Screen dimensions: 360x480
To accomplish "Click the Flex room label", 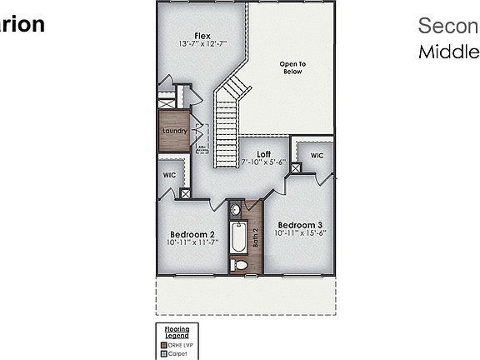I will coord(202,36).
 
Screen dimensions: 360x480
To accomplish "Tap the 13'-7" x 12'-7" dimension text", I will coord(202,43).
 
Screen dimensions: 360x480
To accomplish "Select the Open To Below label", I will coord(292,67).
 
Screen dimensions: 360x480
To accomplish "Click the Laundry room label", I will coord(174,131).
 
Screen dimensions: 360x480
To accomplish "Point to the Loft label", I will coord(263,154).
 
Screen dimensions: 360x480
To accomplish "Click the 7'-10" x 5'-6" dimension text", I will coord(263,162).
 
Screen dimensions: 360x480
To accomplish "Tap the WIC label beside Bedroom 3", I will coord(317,156).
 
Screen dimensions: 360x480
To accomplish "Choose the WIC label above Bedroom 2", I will coord(169,176).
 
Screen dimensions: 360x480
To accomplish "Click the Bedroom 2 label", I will coord(192,234).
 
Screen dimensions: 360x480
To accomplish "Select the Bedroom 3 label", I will coord(300,225).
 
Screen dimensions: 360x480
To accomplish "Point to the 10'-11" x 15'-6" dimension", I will coord(300,233).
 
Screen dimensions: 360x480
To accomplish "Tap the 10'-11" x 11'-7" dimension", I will coord(192,242).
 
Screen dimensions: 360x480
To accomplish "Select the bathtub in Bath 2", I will coord(237,238).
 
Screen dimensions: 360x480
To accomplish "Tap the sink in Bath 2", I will coord(236,210).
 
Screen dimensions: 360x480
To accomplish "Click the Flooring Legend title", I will coord(177,332).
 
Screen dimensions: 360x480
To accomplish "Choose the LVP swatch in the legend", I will coord(164,345).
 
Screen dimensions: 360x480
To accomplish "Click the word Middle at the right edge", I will coord(448,52).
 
